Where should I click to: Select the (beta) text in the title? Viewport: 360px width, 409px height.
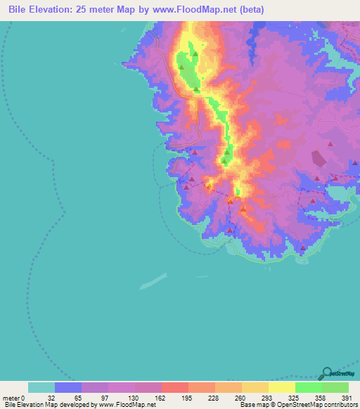point(250,10)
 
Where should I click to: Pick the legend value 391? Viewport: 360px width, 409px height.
point(346,398)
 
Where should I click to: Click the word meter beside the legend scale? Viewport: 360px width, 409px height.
point(11,398)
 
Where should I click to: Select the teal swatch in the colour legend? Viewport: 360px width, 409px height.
point(41,387)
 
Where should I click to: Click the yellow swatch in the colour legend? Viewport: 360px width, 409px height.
point(282,387)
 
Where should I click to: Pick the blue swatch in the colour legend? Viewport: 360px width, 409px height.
point(68,387)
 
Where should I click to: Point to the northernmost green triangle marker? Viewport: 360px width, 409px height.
point(195,53)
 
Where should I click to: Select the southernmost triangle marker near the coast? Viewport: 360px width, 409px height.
point(303,247)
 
